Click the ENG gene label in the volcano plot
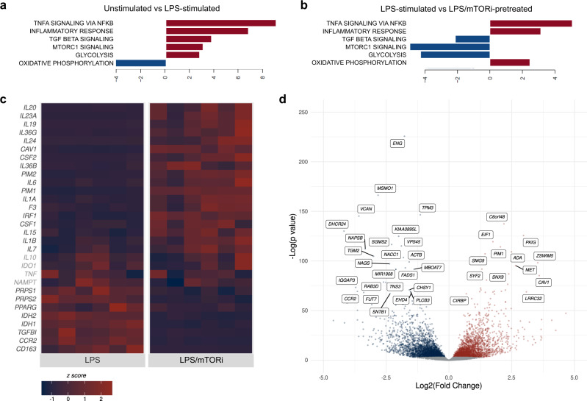[x=397, y=143]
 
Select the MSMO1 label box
[x=386, y=189]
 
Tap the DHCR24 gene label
[x=336, y=224]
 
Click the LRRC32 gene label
[x=533, y=298]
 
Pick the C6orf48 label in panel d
[x=497, y=217]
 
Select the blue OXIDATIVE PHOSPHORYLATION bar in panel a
[x=141, y=63]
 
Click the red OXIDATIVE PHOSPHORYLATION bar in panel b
[x=509, y=63]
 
